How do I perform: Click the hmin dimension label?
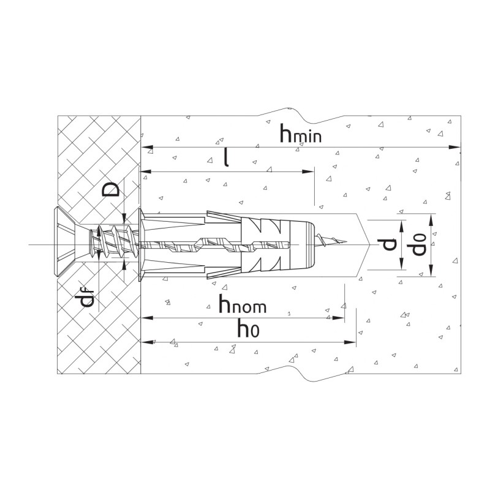click(300, 134)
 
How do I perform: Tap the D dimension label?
click(111, 189)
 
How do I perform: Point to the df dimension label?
click(86, 298)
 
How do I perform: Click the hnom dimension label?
click(243, 303)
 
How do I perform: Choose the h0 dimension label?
click(249, 328)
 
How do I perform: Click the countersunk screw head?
click(65, 241)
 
